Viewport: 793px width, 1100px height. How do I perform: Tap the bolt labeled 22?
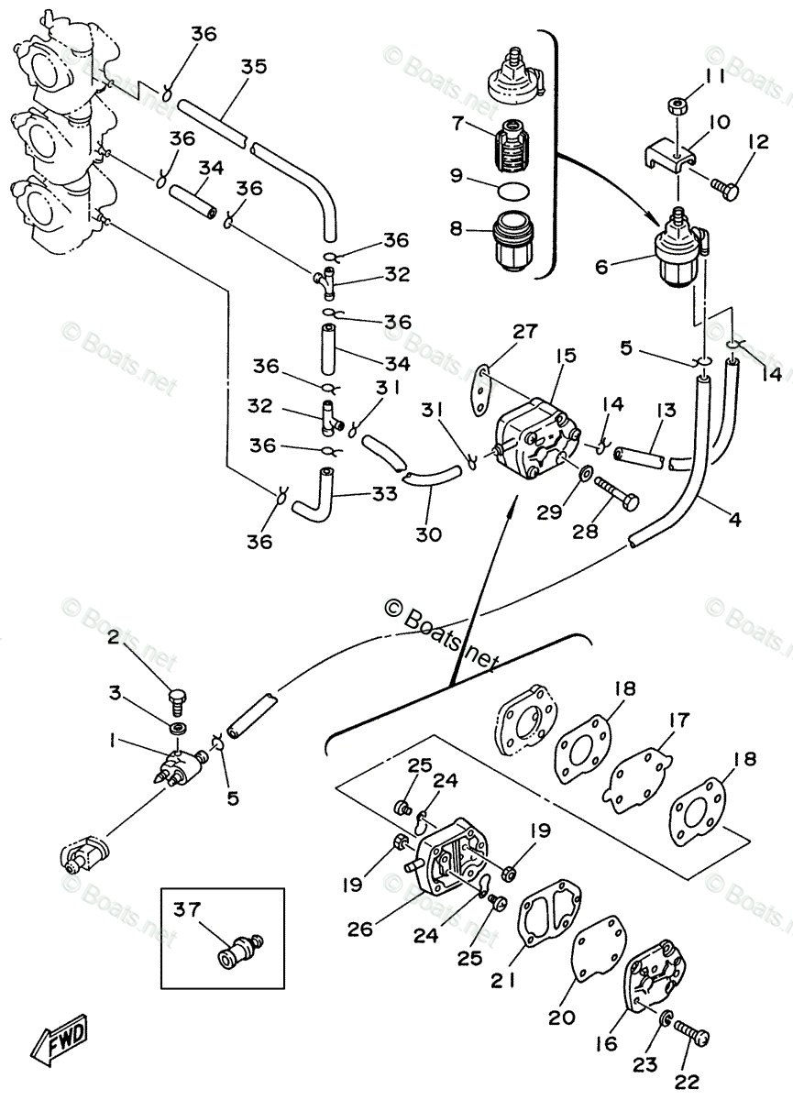(693, 1034)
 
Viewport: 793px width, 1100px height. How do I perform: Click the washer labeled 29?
(584, 473)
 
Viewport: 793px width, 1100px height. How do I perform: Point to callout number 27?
(524, 333)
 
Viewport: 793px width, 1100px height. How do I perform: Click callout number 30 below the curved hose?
(427, 534)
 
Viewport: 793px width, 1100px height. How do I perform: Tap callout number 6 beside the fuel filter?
(601, 267)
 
